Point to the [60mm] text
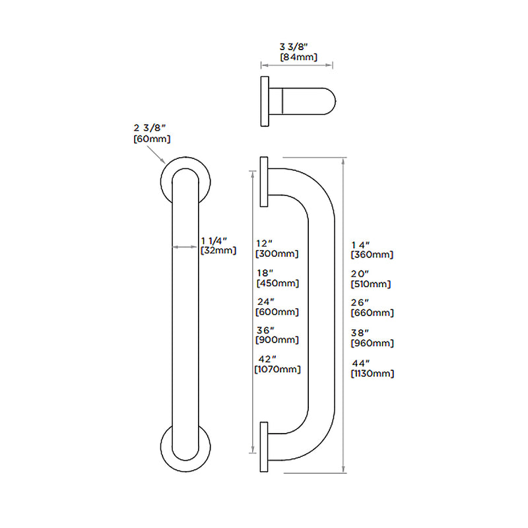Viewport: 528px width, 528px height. [x=152, y=139]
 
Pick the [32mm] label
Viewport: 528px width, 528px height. [x=218, y=250]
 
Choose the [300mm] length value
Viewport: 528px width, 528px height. [x=277, y=253]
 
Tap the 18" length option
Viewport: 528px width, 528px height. [x=266, y=273]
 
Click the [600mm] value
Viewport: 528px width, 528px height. [x=277, y=312]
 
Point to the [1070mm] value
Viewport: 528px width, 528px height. [x=277, y=370]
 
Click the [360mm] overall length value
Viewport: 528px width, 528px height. [x=372, y=254]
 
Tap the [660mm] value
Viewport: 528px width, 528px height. [x=372, y=313]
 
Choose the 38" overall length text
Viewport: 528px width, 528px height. [x=360, y=333]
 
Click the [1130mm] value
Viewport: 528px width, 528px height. [x=373, y=374]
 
